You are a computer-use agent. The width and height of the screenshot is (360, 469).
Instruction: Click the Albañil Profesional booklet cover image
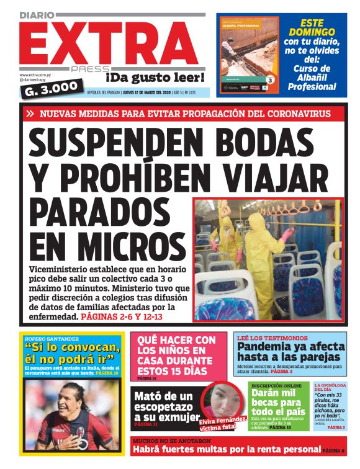[248, 54]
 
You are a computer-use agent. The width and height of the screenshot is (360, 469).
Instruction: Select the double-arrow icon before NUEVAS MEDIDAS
[30, 114]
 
